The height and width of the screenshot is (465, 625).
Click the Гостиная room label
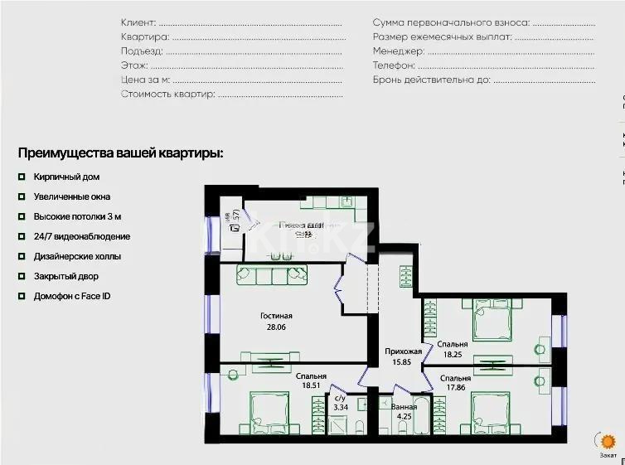276,316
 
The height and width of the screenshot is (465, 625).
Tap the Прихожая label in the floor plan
403,351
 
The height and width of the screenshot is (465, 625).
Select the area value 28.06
276,327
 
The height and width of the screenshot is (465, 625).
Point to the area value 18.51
311,385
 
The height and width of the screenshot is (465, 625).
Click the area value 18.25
453,354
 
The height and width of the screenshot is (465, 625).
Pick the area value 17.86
455,388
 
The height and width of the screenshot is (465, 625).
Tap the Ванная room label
404,407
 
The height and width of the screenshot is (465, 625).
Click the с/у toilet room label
341,398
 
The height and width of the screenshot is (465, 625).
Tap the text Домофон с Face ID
72,297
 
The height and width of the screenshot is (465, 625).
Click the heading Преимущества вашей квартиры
120,153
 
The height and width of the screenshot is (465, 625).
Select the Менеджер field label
399,51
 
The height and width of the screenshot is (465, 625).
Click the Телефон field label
393,65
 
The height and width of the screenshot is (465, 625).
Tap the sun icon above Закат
608,442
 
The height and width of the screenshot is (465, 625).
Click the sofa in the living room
272,274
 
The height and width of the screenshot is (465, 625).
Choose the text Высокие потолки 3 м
77,217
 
